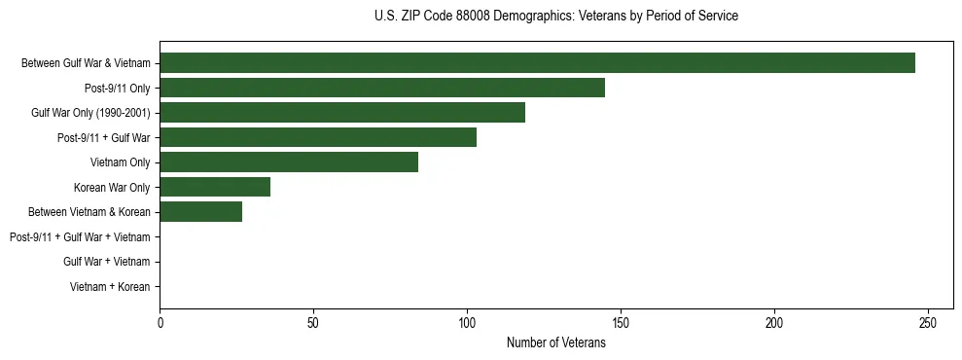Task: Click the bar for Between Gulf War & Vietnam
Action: click(x=537, y=63)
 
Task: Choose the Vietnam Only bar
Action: click(x=289, y=162)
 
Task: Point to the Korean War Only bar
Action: click(x=215, y=187)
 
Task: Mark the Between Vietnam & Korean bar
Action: click(x=201, y=212)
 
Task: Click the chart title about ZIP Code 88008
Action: click(x=555, y=17)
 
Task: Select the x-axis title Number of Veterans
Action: click(x=555, y=342)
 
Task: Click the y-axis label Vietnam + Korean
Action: click(x=110, y=287)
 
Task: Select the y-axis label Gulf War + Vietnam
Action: click(x=106, y=262)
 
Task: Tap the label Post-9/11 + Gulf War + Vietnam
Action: click(x=80, y=236)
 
